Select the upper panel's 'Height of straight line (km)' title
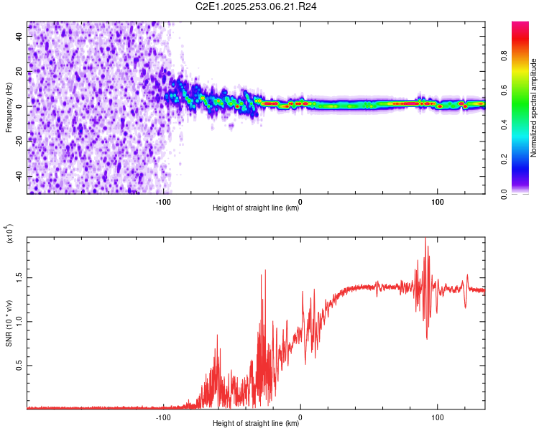tap(256, 208)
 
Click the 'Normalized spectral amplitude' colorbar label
tap(534, 108)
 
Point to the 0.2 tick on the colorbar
tap(525, 159)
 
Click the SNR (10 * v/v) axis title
tap(9, 323)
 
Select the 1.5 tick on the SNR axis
tap(18, 277)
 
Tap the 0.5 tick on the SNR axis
tap(18, 365)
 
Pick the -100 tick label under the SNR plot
tap(163, 416)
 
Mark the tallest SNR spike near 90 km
tap(425, 239)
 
